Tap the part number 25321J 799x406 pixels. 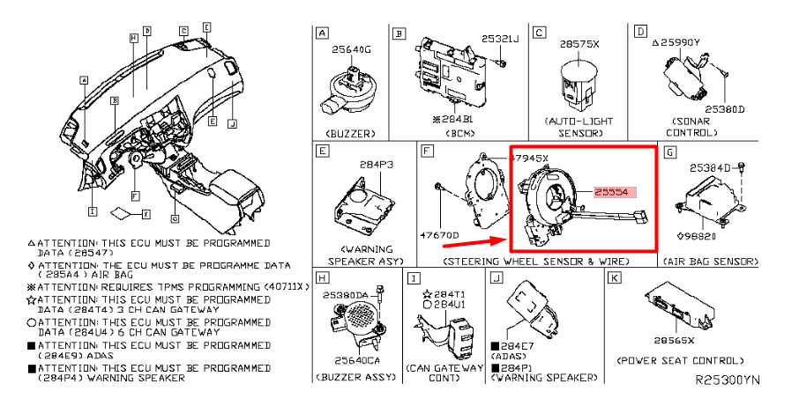500,39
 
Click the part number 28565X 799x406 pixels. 675,340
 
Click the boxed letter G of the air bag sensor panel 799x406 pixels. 670,153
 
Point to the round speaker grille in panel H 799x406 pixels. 362,315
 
